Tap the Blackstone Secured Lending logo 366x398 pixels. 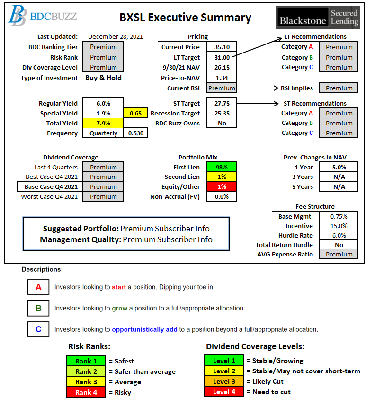pos(318,17)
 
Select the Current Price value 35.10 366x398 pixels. pos(222,47)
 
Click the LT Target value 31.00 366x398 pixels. pos(222,57)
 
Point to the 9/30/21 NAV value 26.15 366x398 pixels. pos(222,67)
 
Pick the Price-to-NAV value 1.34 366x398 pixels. pos(222,78)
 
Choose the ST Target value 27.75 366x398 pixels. pos(222,103)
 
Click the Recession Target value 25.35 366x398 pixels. pos(222,114)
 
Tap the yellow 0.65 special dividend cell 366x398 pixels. pos(135,114)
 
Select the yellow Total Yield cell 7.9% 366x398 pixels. pos(103,124)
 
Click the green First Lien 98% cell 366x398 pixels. pos(222,167)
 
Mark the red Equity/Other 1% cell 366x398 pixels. pos(222,186)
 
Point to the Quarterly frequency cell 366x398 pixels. pos(103,133)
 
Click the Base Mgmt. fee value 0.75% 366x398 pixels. pos(339,216)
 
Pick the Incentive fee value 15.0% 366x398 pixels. pos(339,226)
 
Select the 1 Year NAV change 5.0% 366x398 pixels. pos(339,167)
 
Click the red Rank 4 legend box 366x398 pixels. pos(86,392)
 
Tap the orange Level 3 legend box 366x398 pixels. pos(224,381)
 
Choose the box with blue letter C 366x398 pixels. pos(39,329)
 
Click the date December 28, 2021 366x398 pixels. pos(116,36)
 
